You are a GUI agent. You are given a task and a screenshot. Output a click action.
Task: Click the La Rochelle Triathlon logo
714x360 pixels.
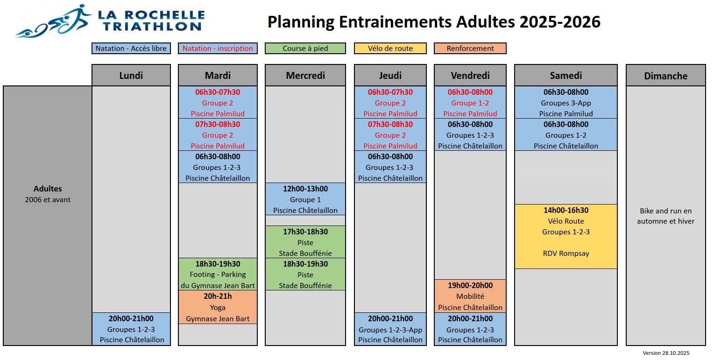coord(109,21)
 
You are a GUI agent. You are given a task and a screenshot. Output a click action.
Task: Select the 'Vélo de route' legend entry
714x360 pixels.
coord(390,49)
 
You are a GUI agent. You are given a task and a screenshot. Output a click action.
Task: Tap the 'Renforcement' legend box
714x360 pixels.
coord(470,49)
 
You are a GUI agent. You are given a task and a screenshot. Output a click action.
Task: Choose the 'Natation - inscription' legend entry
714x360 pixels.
coord(218,49)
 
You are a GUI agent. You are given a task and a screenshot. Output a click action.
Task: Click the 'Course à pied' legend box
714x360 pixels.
coord(305,49)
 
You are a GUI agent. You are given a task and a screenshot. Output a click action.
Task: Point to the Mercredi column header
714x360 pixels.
coord(305,75)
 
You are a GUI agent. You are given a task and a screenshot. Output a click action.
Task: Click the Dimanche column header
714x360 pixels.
coord(665,76)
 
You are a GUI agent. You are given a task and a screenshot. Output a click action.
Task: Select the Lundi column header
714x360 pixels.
coord(131,75)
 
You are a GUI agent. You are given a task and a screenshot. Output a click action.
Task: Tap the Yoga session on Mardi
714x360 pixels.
coord(218,307)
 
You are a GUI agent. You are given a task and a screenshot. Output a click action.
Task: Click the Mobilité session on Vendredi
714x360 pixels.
coord(470,296)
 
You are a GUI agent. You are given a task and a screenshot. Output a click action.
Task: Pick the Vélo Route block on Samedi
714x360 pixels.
coord(566,236)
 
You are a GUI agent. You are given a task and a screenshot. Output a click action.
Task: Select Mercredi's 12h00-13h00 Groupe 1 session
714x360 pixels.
coord(305,199)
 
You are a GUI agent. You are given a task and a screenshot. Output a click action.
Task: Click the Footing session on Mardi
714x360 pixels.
coord(218,274)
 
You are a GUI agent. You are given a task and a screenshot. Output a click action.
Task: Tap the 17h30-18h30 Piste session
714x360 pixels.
coord(305,242)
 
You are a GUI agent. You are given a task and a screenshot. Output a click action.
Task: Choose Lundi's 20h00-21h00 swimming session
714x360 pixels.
coord(131,329)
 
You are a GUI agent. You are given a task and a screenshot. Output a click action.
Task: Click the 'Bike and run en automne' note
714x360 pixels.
coord(665,216)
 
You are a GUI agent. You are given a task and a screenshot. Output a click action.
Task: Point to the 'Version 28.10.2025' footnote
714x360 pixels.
coord(666,353)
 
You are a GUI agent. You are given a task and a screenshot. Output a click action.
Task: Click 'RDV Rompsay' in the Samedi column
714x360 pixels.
coord(566,253)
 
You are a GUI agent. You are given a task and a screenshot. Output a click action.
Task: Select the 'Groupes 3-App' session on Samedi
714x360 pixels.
coord(566,102)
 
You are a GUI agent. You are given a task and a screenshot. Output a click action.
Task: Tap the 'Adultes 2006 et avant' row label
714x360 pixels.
coord(48,194)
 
